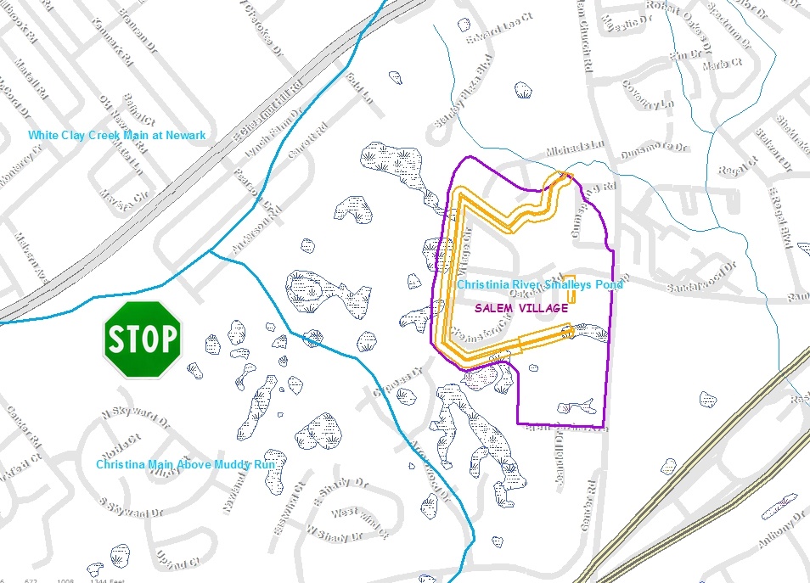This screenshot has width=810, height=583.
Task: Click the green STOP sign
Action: pos(143,339)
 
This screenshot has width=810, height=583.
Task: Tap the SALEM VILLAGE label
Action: pos(521,308)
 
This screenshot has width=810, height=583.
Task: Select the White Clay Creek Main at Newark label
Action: pos(116,135)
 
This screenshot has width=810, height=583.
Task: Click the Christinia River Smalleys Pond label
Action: pos(540,285)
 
